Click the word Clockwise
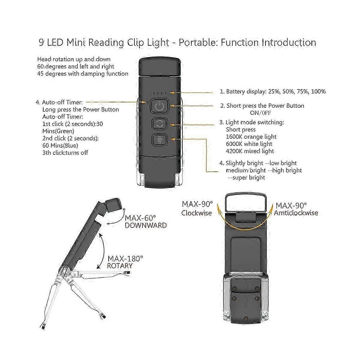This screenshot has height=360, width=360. coord(196,213)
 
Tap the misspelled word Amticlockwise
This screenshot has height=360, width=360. coord(296,213)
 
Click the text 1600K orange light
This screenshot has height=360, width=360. coord(251,137)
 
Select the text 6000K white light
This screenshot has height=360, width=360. coord(249,144)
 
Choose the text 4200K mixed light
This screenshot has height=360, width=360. coord(250,151)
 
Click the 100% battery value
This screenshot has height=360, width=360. coord(318,91)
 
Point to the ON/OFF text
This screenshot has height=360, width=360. coord(261,113)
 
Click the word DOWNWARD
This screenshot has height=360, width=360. coord(145,225)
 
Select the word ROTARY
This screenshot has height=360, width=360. coord(120,265)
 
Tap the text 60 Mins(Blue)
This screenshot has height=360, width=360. coord(60,145)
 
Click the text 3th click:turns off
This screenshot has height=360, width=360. coord(65,153)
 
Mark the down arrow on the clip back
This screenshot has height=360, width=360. coord(246,286)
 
